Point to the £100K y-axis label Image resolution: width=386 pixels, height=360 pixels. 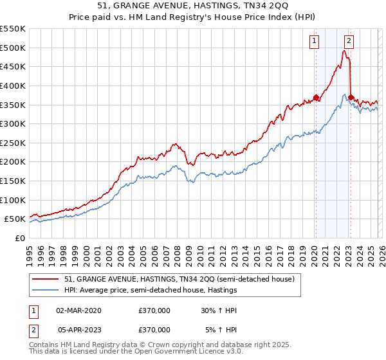coord(13,200)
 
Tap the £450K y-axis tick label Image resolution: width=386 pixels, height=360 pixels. coord(13,66)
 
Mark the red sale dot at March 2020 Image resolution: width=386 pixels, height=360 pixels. coord(316,98)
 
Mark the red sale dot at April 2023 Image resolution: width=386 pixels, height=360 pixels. coord(351,98)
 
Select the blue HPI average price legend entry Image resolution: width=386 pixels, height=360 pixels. coord(151,291)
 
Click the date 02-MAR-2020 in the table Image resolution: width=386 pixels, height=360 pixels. coord(78,310)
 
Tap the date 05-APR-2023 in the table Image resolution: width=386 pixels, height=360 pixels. coord(78,329)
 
